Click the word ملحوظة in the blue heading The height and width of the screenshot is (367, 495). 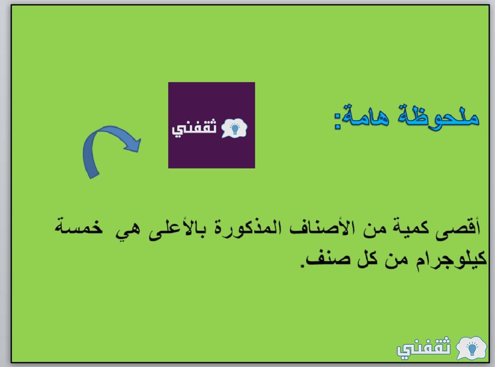[x=438, y=117]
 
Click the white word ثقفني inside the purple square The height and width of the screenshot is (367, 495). [x=194, y=128]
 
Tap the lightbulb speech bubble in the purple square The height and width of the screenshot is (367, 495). [x=234, y=128]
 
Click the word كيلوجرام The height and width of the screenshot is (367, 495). [x=451, y=260]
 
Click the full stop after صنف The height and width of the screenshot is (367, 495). [x=302, y=266]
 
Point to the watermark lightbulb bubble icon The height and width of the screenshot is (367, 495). [x=471, y=348]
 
